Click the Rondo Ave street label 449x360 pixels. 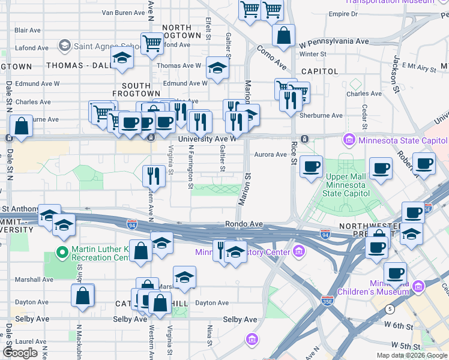pyautogui.click(x=244, y=224)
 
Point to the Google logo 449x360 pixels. pyautogui.click(x=20, y=353)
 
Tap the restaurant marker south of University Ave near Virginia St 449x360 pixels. pyautogui.click(x=154, y=176)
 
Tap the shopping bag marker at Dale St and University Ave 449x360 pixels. pyautogui.click(x=21, y=127)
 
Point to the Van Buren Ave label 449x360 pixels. pyautogui.click(x=124, y=12)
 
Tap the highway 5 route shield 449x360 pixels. pyautogui.click(x=390, y=309)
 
